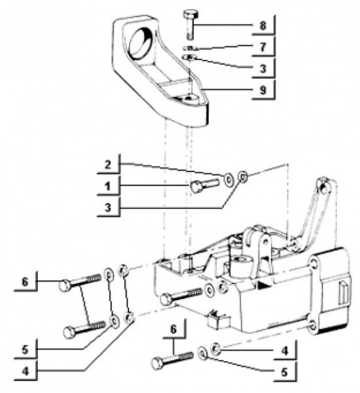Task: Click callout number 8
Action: click(x=262, y=26)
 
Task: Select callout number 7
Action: click(x=262, y=47)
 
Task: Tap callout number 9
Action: click(x=262, y=90)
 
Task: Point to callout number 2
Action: click(x=108, y=164)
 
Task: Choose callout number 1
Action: click(x=108, y=186)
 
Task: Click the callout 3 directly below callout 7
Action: click(x=262, y=69)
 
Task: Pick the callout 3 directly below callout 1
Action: click(x=108, y=208)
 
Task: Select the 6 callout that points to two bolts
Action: click(x=25, y=282)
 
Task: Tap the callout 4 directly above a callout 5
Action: click(x=285, y=351)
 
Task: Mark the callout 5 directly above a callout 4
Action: click(x=25, y=350)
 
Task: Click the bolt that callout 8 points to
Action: click(x=190, y=24)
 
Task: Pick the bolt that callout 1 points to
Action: click(x=205, y=185)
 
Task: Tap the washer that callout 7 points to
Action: click(x=190, y=48)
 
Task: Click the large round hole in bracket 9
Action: click(x=141, y=44)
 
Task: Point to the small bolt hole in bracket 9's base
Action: click(x=192, y=96)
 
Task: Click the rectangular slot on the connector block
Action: click(x=343, y=293)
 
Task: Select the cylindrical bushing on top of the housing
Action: click(x=242, y=265)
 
